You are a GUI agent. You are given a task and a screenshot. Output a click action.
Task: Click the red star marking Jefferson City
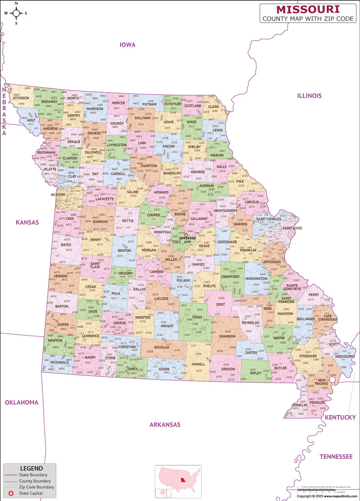tap(186, 234)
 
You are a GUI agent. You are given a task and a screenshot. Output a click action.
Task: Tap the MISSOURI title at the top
tap(308, 9)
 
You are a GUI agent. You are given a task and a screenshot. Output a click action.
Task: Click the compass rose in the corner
tap(16, 13)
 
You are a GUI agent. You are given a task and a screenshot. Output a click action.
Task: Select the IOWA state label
tap(127, 45)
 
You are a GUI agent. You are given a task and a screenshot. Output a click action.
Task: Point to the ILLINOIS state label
tap(309, 96)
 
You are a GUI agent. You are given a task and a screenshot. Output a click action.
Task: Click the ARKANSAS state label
tap(165, 425)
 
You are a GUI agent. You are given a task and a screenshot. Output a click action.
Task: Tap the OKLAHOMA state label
tap(22, 403)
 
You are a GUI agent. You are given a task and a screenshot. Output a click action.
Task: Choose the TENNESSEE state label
tap(336, 456)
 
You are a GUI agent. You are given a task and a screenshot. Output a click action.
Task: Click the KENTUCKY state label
tap(340, 417)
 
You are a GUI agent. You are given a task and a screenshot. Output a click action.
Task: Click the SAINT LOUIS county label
tap(292, 228)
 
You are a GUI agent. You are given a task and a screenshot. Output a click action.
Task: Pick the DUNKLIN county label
tap(299, 405)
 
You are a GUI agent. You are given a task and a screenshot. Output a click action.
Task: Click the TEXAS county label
tap(197, 317)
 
